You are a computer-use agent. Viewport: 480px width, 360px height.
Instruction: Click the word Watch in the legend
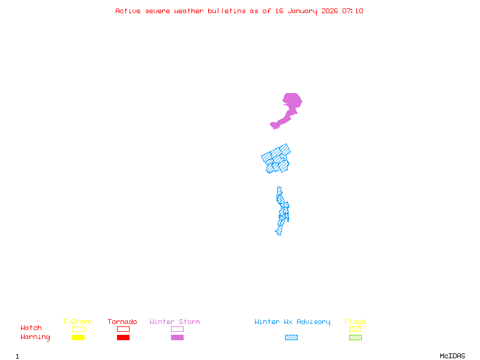[x=31, y=328]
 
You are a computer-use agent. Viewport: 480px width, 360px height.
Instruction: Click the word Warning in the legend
[x=35, y=337]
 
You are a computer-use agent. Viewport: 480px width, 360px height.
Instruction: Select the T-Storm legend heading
[x=77, y=322]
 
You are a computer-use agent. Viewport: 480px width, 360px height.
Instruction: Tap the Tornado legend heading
[x=122, y=322]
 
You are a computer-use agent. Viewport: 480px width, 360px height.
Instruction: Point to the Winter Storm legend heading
[x=175, y=322]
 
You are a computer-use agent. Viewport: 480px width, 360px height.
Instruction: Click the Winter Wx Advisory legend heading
[x=292, y=322]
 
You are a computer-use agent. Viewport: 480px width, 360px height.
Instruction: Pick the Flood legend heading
[x=355, y=322]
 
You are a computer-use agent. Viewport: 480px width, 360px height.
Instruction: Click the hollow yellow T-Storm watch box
[x=78, y=329]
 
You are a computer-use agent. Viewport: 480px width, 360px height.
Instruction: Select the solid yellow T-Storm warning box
[x=78, y=338]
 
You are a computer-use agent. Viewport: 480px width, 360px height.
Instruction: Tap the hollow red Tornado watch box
[x=123, y=329]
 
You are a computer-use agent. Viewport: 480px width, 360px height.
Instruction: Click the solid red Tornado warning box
[x=123, y=338]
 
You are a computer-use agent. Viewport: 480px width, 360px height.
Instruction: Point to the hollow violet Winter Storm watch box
[x=177, y=329]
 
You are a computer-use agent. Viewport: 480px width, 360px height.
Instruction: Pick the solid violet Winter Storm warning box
[x=177, y=338]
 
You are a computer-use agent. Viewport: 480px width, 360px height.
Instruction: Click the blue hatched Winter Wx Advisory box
[x=291, y=338]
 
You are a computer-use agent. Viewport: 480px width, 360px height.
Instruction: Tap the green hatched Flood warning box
[x=355, y=338]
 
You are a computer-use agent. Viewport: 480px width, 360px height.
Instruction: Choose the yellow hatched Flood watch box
[x=355, y=329]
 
